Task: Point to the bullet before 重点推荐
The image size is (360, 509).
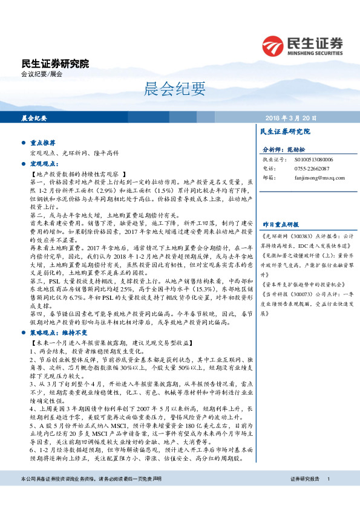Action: pyautogui.click(x=22, y=143)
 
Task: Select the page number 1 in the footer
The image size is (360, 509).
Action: pyautogui.click(x=328, y=496)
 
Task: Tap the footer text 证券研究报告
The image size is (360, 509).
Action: pyautogui.click(x=304, y=496)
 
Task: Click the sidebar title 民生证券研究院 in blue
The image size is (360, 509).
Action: pyautogui.click(x=284, y=131)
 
